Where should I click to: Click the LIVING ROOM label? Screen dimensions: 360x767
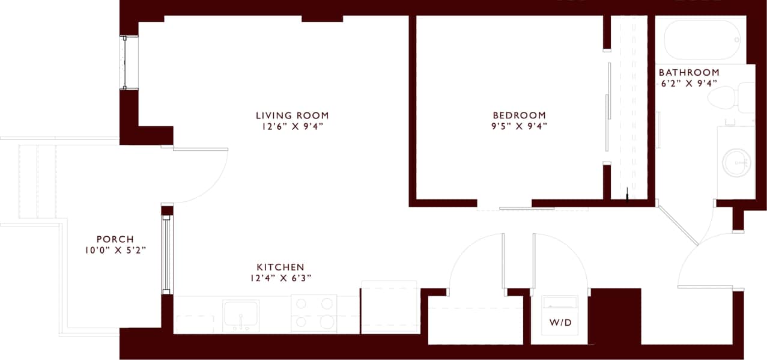click(x=292, y=115)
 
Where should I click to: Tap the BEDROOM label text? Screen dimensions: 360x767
click(x=519, y=115)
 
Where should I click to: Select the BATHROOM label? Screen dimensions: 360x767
click(x=689, y=73)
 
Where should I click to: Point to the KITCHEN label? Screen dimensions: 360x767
click(x=280, y=267)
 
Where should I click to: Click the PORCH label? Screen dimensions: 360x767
click(x=115, y=239)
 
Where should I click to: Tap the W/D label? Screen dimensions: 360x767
click(x=560, y=323)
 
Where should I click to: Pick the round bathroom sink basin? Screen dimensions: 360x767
click(x=738, y=160)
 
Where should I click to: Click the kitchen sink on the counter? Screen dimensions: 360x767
click(x=241, y=314)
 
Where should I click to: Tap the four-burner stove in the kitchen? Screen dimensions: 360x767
click(x=314, y=313)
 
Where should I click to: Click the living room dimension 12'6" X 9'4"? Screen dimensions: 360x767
click(x=292, y=126)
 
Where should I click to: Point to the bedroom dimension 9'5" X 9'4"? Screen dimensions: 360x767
click(x=519, y=126)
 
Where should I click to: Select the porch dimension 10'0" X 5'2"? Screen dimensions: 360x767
click(x=115, y=250)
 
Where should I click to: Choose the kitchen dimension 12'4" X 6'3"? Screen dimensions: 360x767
click(x=280, y=278)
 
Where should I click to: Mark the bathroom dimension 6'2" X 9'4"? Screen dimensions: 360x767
click(x=689, y=84)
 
